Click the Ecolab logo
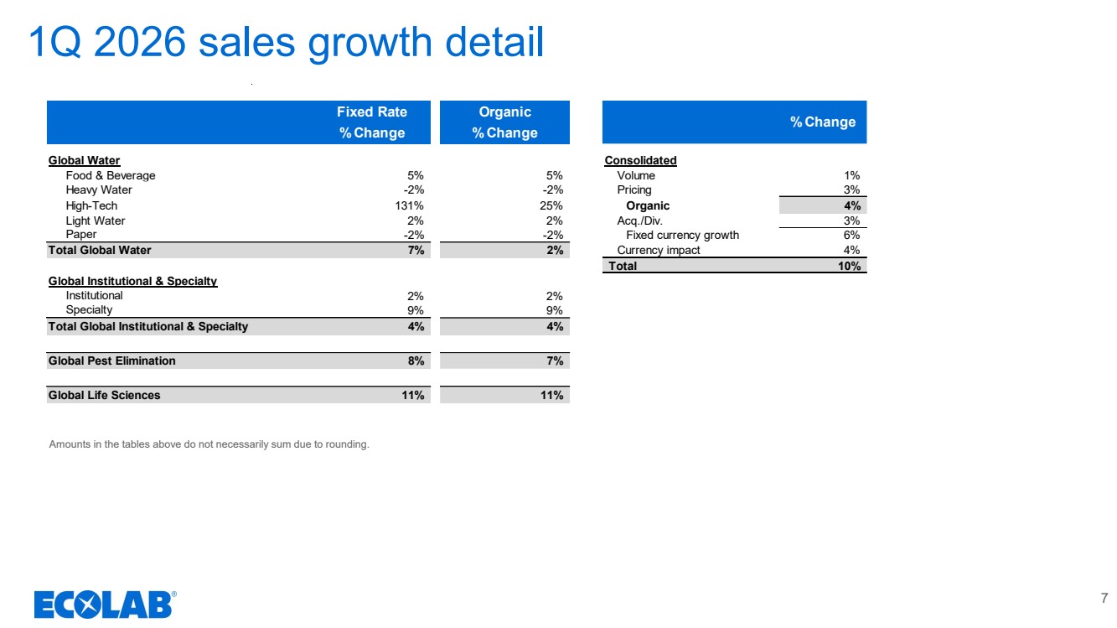coord(105,605)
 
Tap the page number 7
coord(1104,598)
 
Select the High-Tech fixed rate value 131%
coord(409,205)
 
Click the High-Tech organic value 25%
coord(551,205)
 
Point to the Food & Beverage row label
coord(111,175)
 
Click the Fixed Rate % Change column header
coord(372,122)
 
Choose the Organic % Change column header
coord(504,122)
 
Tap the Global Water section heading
coord(84,160)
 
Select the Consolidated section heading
coord(640,160)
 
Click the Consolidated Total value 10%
coord(849,266)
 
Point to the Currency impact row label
coord(659,250)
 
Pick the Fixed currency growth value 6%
coord(851,235)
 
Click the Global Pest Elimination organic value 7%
coord(555,361)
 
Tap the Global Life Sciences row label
coord(104,395)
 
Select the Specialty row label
coord(89,309)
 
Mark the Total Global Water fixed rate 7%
coord(416,250)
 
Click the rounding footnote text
coord(209,444)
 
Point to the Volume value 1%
coord(851,175)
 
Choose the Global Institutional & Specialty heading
coord(132,281)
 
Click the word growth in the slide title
coord(370,44)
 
